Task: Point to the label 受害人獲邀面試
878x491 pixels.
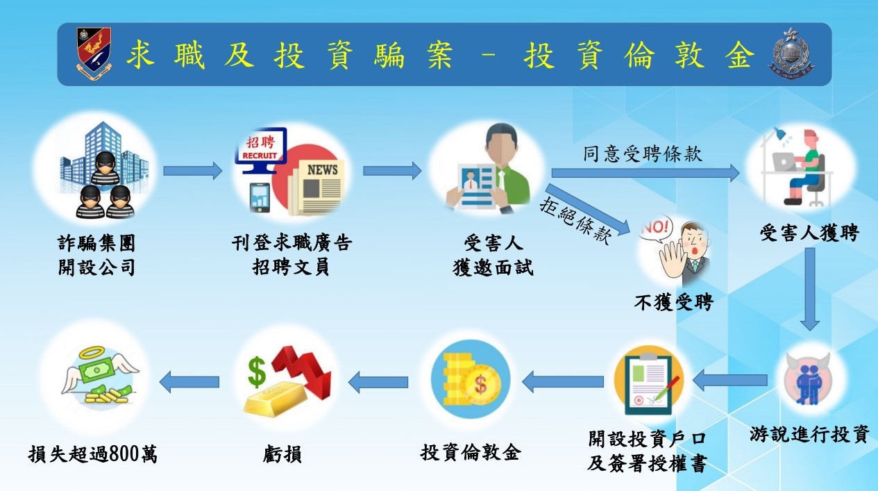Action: (x=492, y=255)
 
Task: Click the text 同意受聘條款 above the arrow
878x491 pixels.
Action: (x=642, y=153)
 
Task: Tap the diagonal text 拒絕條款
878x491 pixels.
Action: (x=575, y=218)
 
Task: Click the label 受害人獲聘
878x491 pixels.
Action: (x=809, y=233)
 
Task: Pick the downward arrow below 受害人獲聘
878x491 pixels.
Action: (x=810, y=288)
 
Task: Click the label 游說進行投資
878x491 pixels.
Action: (x=809, y=435)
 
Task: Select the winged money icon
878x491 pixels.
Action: (x=100, y=378)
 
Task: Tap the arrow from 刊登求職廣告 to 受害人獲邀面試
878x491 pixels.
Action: (x=391, y=170)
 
